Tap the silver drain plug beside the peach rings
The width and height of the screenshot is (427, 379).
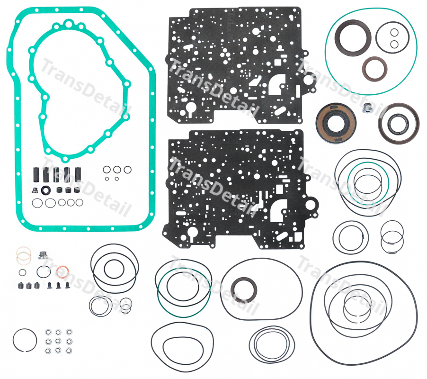[43, 255]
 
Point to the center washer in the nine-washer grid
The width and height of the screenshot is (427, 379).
[58, 341]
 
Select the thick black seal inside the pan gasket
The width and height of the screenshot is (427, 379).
[46, 190]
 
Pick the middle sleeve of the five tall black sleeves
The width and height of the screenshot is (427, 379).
[56, 174]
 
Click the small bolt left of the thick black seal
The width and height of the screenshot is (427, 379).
[35, 190]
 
